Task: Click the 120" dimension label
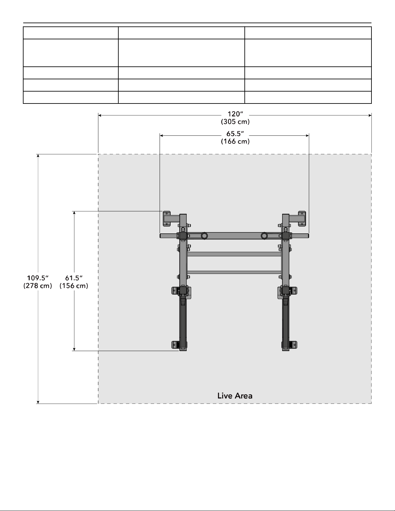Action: tap(235, 114)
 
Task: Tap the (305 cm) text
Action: tap(235, 122)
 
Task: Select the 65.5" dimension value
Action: tap(235, 134)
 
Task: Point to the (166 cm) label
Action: tap(235, 142)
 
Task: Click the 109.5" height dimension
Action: tap(38, 278)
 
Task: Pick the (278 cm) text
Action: tap(38, 286)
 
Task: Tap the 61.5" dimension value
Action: tap(74, 278)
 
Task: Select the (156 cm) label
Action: tap(74, 286)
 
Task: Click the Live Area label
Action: tap(235, 396)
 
